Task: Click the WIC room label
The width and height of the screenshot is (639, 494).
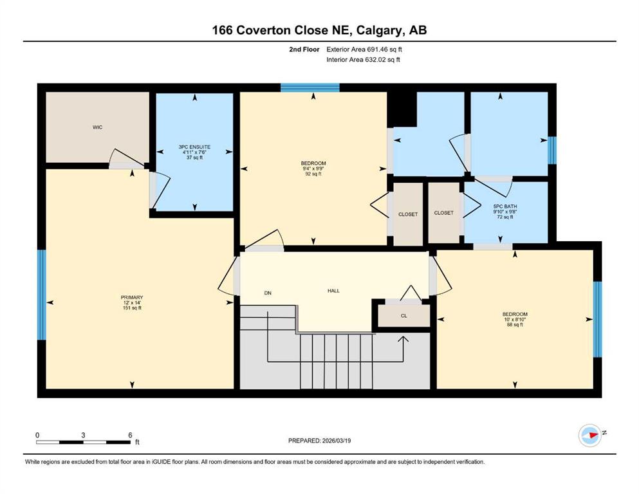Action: pos(97,127)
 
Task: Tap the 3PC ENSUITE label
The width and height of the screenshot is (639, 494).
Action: pos(194,147)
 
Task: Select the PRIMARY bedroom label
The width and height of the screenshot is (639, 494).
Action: pos(132,297)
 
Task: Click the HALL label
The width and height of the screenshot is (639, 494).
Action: pos(333,291)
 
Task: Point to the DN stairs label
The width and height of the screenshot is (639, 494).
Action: pos(268,293)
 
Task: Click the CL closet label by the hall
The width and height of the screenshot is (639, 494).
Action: pos(404,316)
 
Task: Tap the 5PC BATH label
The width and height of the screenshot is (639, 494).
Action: pos(505,206)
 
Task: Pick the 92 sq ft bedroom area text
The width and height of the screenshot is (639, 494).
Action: pos(313,174)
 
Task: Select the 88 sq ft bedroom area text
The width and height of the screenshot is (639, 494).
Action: pos(515,325)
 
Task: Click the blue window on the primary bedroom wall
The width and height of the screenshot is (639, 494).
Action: pos(42,295)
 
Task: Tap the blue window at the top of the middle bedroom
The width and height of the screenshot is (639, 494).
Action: pos(310,87)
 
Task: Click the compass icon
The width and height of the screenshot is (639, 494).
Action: pos(590,435)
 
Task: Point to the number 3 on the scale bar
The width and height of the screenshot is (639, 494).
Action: pos(83,435)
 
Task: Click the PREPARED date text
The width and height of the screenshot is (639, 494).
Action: pos(319,441)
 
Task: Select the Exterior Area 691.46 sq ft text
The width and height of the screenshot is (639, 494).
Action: pos(364,50)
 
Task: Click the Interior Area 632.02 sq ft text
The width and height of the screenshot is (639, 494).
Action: pos(363,59)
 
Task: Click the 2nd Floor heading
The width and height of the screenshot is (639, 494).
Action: pos(304,50)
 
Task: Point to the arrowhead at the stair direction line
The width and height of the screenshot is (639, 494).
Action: pos(403,339)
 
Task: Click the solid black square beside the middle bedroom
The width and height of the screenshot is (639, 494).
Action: pos(402,109)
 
